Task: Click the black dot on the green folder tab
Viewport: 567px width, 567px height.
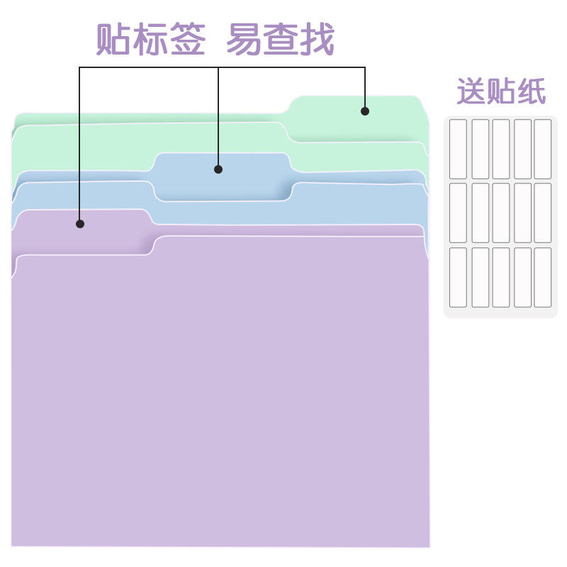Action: tap(365, 111)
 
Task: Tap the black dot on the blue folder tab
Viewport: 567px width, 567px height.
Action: tap(218, 169)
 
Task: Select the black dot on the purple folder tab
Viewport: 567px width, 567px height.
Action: tap(80, 224)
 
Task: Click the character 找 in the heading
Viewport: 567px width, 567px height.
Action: tap(316, 40)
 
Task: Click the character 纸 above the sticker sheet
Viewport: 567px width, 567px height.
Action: tap(531, 92)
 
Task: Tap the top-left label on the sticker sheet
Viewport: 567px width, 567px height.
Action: tap(458, 149)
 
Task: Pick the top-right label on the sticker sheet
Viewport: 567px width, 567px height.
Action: tap(543, 149)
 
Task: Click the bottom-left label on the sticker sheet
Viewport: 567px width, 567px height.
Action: tap(458, 277)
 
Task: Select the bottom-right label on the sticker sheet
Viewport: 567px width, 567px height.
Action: tap(543, 277)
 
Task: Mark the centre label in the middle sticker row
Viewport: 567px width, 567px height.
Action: tap(501, 213)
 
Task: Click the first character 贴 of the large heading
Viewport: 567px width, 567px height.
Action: tap(114, 40)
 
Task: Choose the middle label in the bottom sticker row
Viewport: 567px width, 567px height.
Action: tap(501, 277)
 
